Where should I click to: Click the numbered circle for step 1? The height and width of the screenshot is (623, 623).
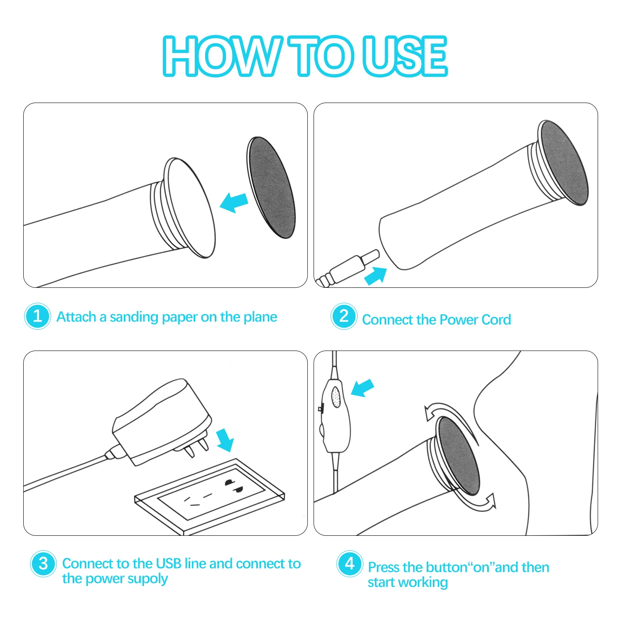[37, 316]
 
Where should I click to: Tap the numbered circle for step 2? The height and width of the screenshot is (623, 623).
[344, 316]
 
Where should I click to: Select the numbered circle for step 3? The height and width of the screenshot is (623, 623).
[43, 564]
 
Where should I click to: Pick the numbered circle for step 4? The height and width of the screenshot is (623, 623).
[350, 564]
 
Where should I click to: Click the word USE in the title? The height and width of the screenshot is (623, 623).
[405, 56]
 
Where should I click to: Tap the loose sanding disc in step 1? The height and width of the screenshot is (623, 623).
[271, 187]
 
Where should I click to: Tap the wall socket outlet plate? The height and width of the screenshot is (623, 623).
[210, 496]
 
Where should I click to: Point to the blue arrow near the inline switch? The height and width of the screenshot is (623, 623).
[363, 388]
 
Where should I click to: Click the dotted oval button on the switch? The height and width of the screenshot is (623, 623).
[336, 397]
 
